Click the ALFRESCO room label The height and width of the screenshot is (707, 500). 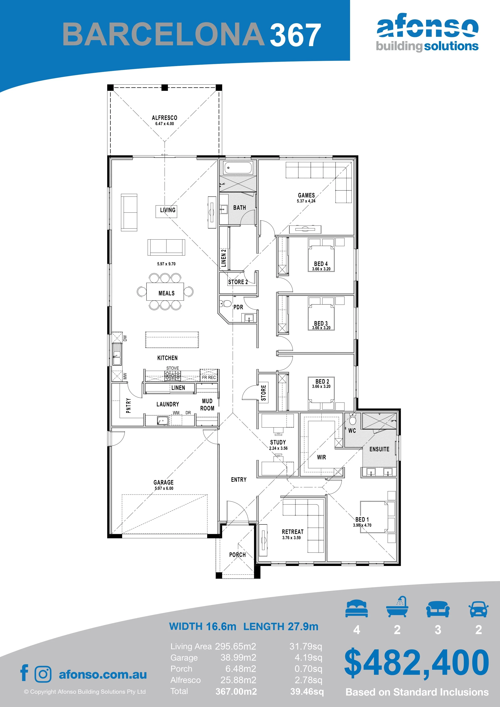[164, 118]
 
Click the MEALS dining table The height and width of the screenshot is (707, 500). [165, 292]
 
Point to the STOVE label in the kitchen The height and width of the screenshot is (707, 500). [173, 368]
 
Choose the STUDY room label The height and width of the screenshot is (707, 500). [278, 442]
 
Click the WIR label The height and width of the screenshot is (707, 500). [321, 457]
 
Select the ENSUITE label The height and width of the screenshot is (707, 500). [379, 449]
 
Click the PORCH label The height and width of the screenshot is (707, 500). [237, 555]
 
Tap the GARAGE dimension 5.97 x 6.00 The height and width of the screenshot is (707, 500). [164, 488]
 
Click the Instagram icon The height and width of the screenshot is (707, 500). [43, 674]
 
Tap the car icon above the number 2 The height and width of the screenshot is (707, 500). [478, 609]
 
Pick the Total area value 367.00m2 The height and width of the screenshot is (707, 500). [236, 691]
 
